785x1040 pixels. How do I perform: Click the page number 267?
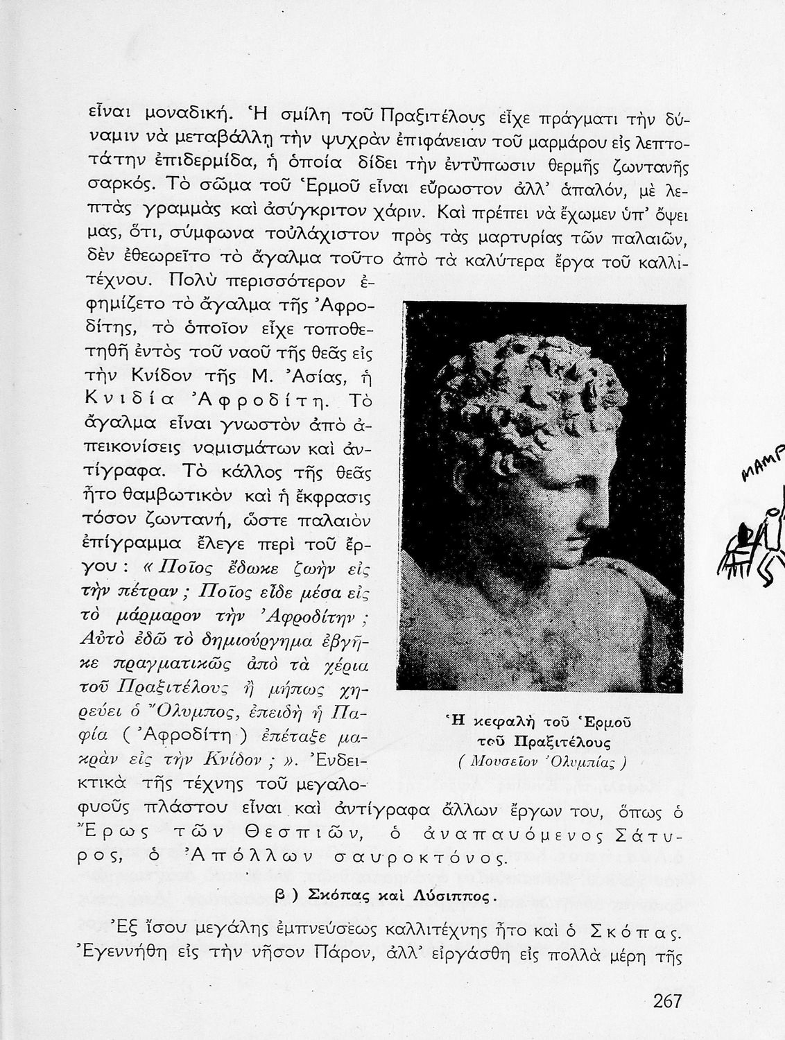coord(667,1001)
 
